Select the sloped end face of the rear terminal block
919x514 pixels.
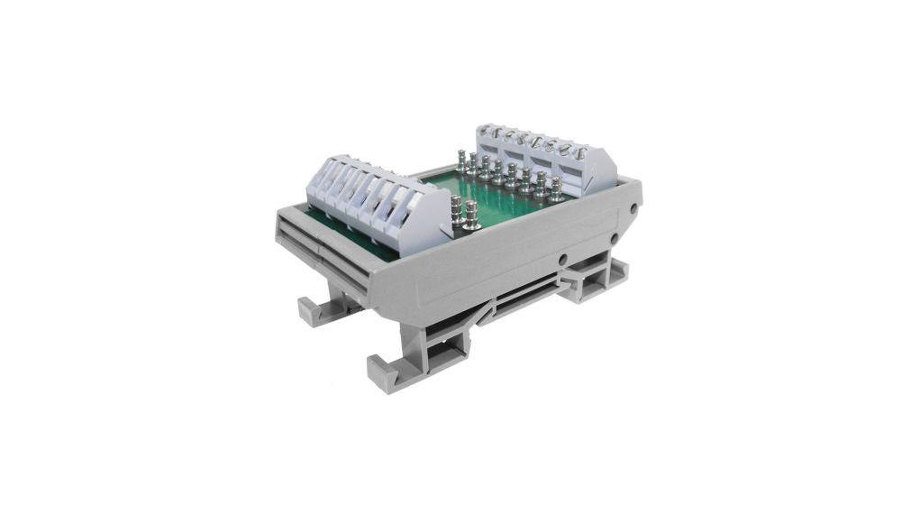point(601,171)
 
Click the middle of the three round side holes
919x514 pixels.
point(614,238)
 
